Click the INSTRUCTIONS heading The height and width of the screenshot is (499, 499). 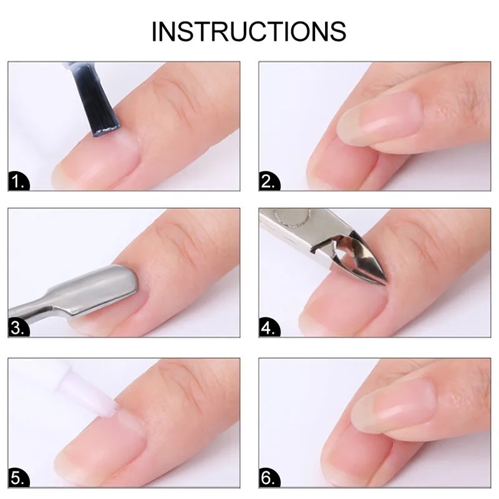coord(248,32)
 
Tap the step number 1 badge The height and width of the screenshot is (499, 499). coord(19,182)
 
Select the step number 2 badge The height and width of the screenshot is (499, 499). coord(269,182)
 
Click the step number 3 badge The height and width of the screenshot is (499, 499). coord(19,327)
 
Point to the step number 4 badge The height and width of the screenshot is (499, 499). coord(269,327)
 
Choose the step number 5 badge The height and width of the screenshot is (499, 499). coord(19,478)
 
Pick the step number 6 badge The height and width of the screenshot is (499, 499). coord(269,478)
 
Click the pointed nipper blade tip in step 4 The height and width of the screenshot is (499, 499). coord(385,283)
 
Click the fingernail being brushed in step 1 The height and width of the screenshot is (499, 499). coord(95,159)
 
